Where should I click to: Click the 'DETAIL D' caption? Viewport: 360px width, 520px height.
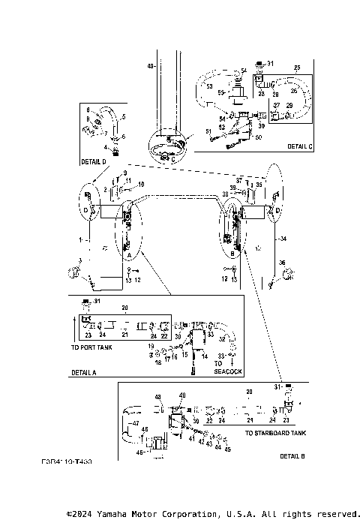pos(93,161)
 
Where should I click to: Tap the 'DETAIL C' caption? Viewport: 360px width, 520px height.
pos(298,146)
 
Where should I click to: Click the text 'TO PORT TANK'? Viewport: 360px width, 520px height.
pos(92,348)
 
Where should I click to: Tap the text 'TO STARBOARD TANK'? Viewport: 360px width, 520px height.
pos(275,433)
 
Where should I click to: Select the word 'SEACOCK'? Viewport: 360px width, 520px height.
pos(228,371)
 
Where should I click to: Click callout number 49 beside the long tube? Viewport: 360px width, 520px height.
pos(150,67)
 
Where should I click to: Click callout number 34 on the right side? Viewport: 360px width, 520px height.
pos(283,239)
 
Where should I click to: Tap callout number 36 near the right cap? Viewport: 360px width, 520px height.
pos(281,262)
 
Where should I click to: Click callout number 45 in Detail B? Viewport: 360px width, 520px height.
pos(228,449)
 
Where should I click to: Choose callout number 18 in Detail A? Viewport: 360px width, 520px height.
pos(158,362)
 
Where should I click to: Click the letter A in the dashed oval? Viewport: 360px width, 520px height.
pos(130,255)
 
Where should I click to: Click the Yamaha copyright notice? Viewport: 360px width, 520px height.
pos(213,514)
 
